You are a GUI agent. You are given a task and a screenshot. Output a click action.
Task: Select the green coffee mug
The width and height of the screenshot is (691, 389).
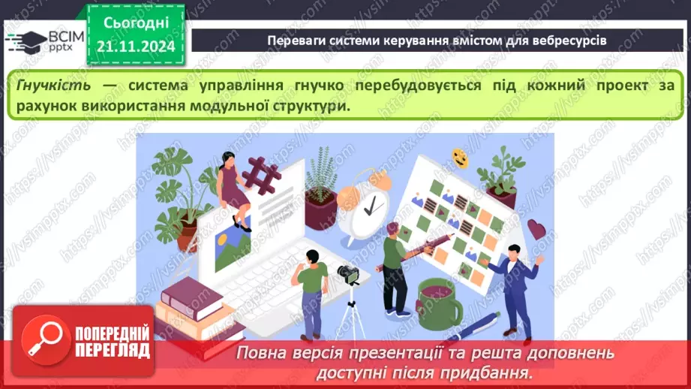click(x=440, y=298)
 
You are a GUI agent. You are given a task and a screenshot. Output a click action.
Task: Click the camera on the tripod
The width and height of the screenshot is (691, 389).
click(x=347, y=273)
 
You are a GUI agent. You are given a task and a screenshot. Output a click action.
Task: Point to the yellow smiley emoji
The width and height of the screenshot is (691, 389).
click(x=459, y=158)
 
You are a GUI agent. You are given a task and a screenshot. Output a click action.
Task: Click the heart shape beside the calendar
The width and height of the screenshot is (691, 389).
click(x=536, y=228)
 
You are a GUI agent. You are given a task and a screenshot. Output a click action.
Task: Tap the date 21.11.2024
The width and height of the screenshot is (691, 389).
click(x=135, y=47)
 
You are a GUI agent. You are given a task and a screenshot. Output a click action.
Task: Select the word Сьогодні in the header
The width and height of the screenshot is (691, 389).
click(x=136, y=24)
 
